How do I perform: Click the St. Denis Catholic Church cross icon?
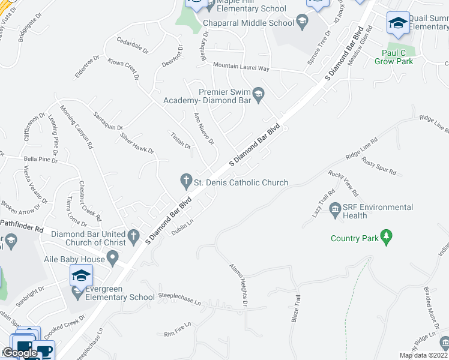(x=186, y=180)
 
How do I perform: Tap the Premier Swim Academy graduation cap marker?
(x=259, y=92)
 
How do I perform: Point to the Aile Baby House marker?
(x=112, y=259)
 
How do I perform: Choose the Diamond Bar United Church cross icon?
(x=134, y=235)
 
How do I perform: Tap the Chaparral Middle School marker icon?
(x=304, y=23)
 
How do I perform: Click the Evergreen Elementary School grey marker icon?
(x=77, y=292)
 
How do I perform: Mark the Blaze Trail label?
(x=295, y=308)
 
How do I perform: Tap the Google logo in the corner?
(x=20, y=353)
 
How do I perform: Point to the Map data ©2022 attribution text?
(x=423, y=355)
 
